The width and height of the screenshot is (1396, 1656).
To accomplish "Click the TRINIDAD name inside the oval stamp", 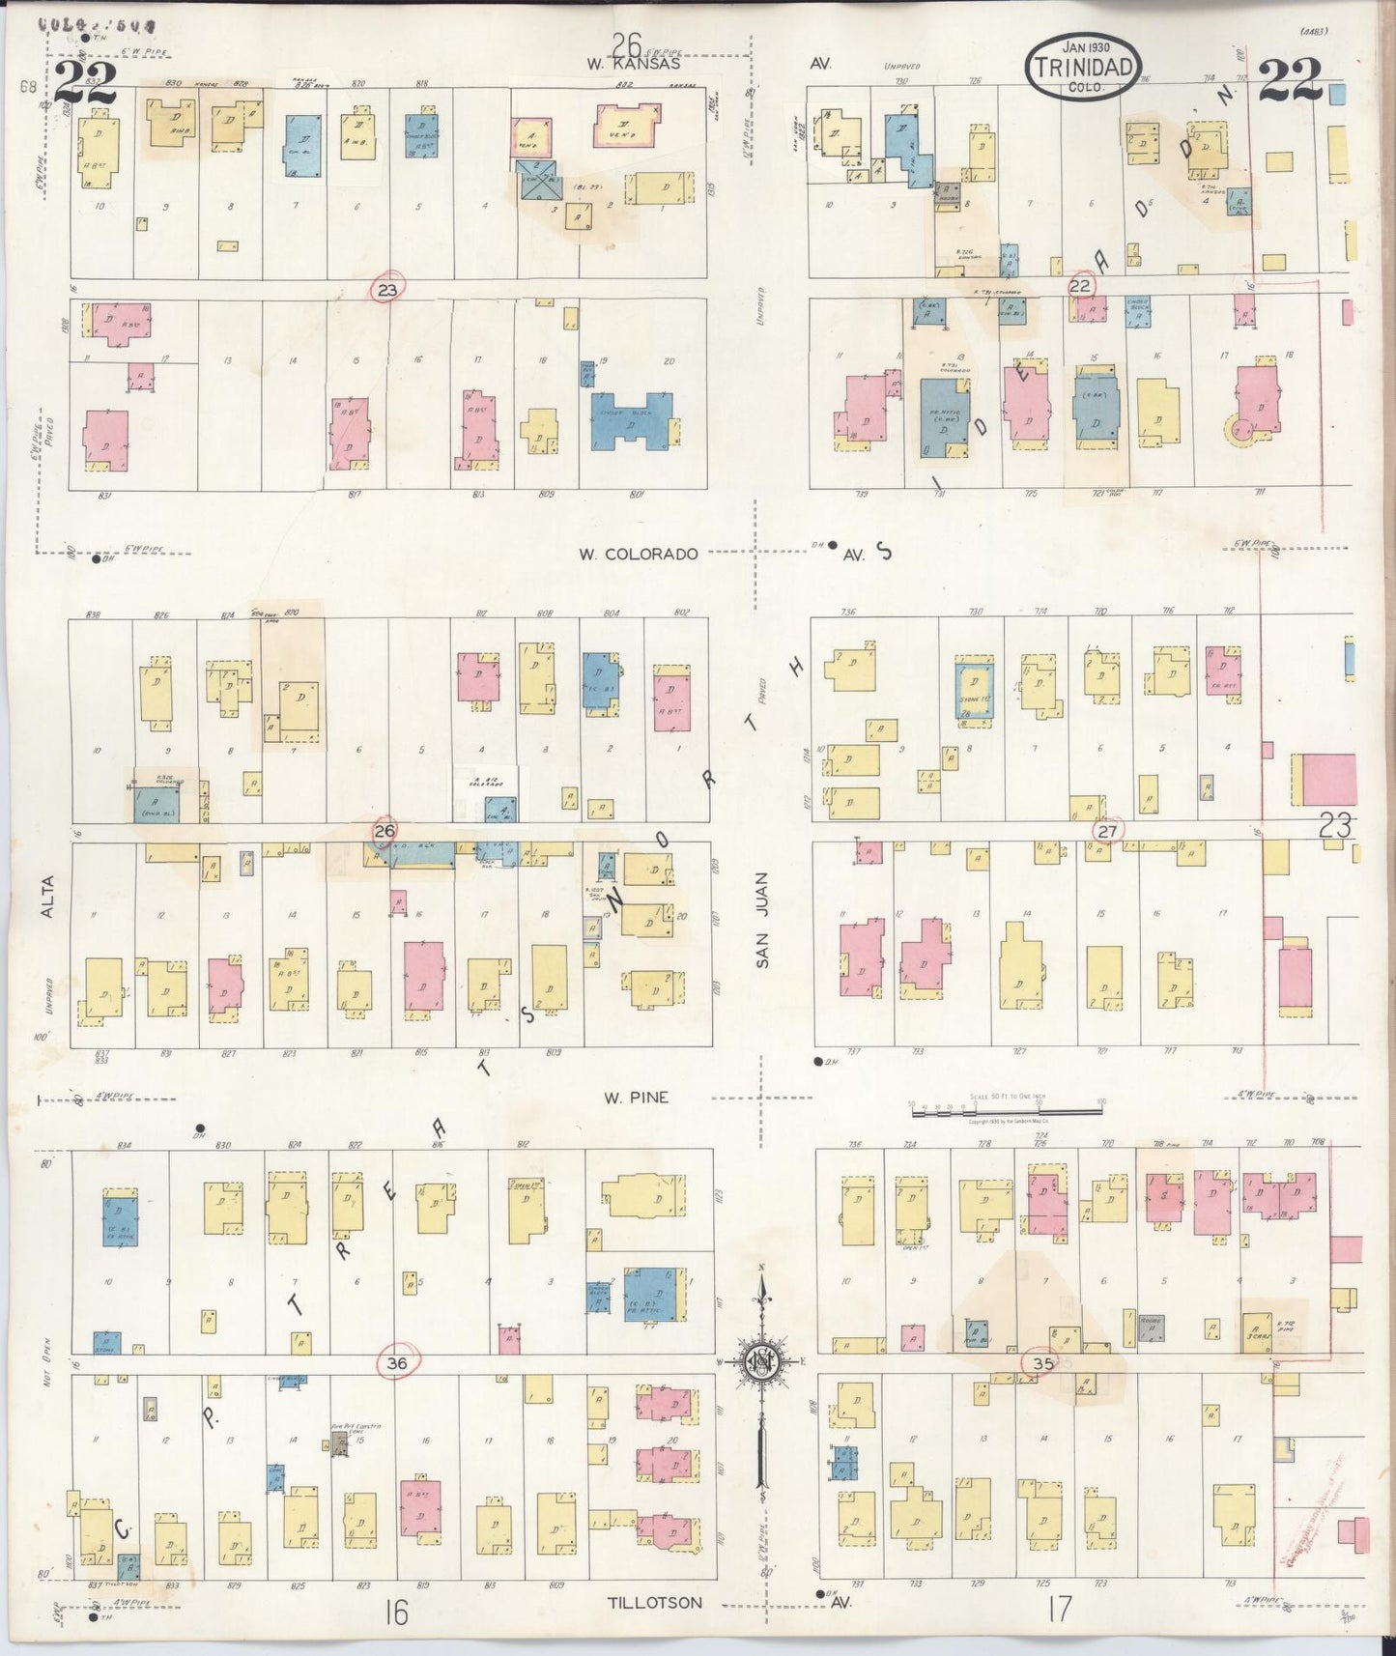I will point(1083,68).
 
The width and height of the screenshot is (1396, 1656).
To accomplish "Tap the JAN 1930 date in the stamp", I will point(1086,46).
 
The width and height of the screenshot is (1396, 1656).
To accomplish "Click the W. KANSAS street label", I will point(632,64).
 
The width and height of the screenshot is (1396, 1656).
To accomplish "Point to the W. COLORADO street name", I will point(638,554).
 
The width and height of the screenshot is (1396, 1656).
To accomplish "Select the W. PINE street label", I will point(636,1098).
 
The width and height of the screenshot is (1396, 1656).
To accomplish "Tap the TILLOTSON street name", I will point(654,1602).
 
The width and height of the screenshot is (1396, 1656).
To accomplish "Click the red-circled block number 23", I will point(387,289).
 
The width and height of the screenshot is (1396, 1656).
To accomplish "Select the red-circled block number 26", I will point(385,830).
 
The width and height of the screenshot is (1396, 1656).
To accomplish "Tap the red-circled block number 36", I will point(396,1363).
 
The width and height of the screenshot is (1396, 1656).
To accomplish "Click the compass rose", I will point(760,1362).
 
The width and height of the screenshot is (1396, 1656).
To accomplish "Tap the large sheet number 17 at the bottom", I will point(1059,1609).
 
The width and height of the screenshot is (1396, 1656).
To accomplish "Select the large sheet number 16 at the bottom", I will point(394,1612).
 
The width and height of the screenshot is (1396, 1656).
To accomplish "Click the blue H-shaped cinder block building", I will point(632,419).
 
